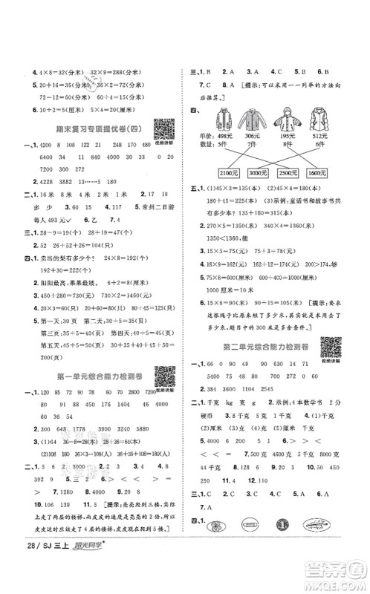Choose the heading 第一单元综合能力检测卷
[x=91, y=378]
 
